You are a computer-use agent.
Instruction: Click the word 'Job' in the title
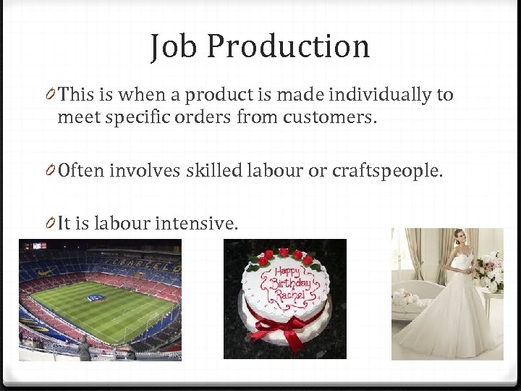[x=174, y=47]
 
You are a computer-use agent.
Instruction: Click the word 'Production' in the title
[x=288, y=47]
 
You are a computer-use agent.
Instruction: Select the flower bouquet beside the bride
[x=489, y=272]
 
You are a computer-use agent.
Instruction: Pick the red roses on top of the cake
[x=286, y=256]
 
